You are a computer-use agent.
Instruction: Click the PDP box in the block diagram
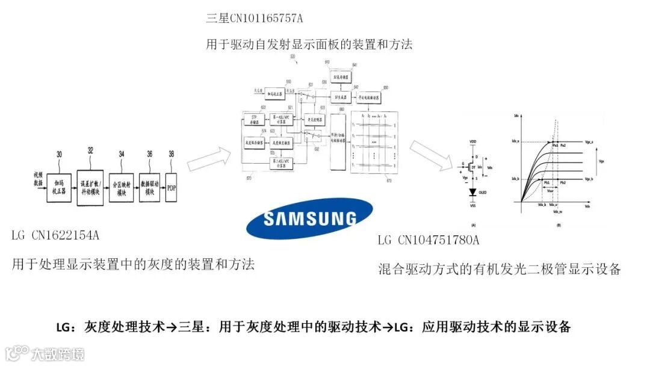click(x=172, y=187)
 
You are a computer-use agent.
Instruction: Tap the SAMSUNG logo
click(x=309, y=218)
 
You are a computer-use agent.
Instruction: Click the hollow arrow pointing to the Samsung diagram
click(x=208, y=158)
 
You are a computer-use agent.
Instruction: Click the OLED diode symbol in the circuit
click(x=472, y=193)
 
